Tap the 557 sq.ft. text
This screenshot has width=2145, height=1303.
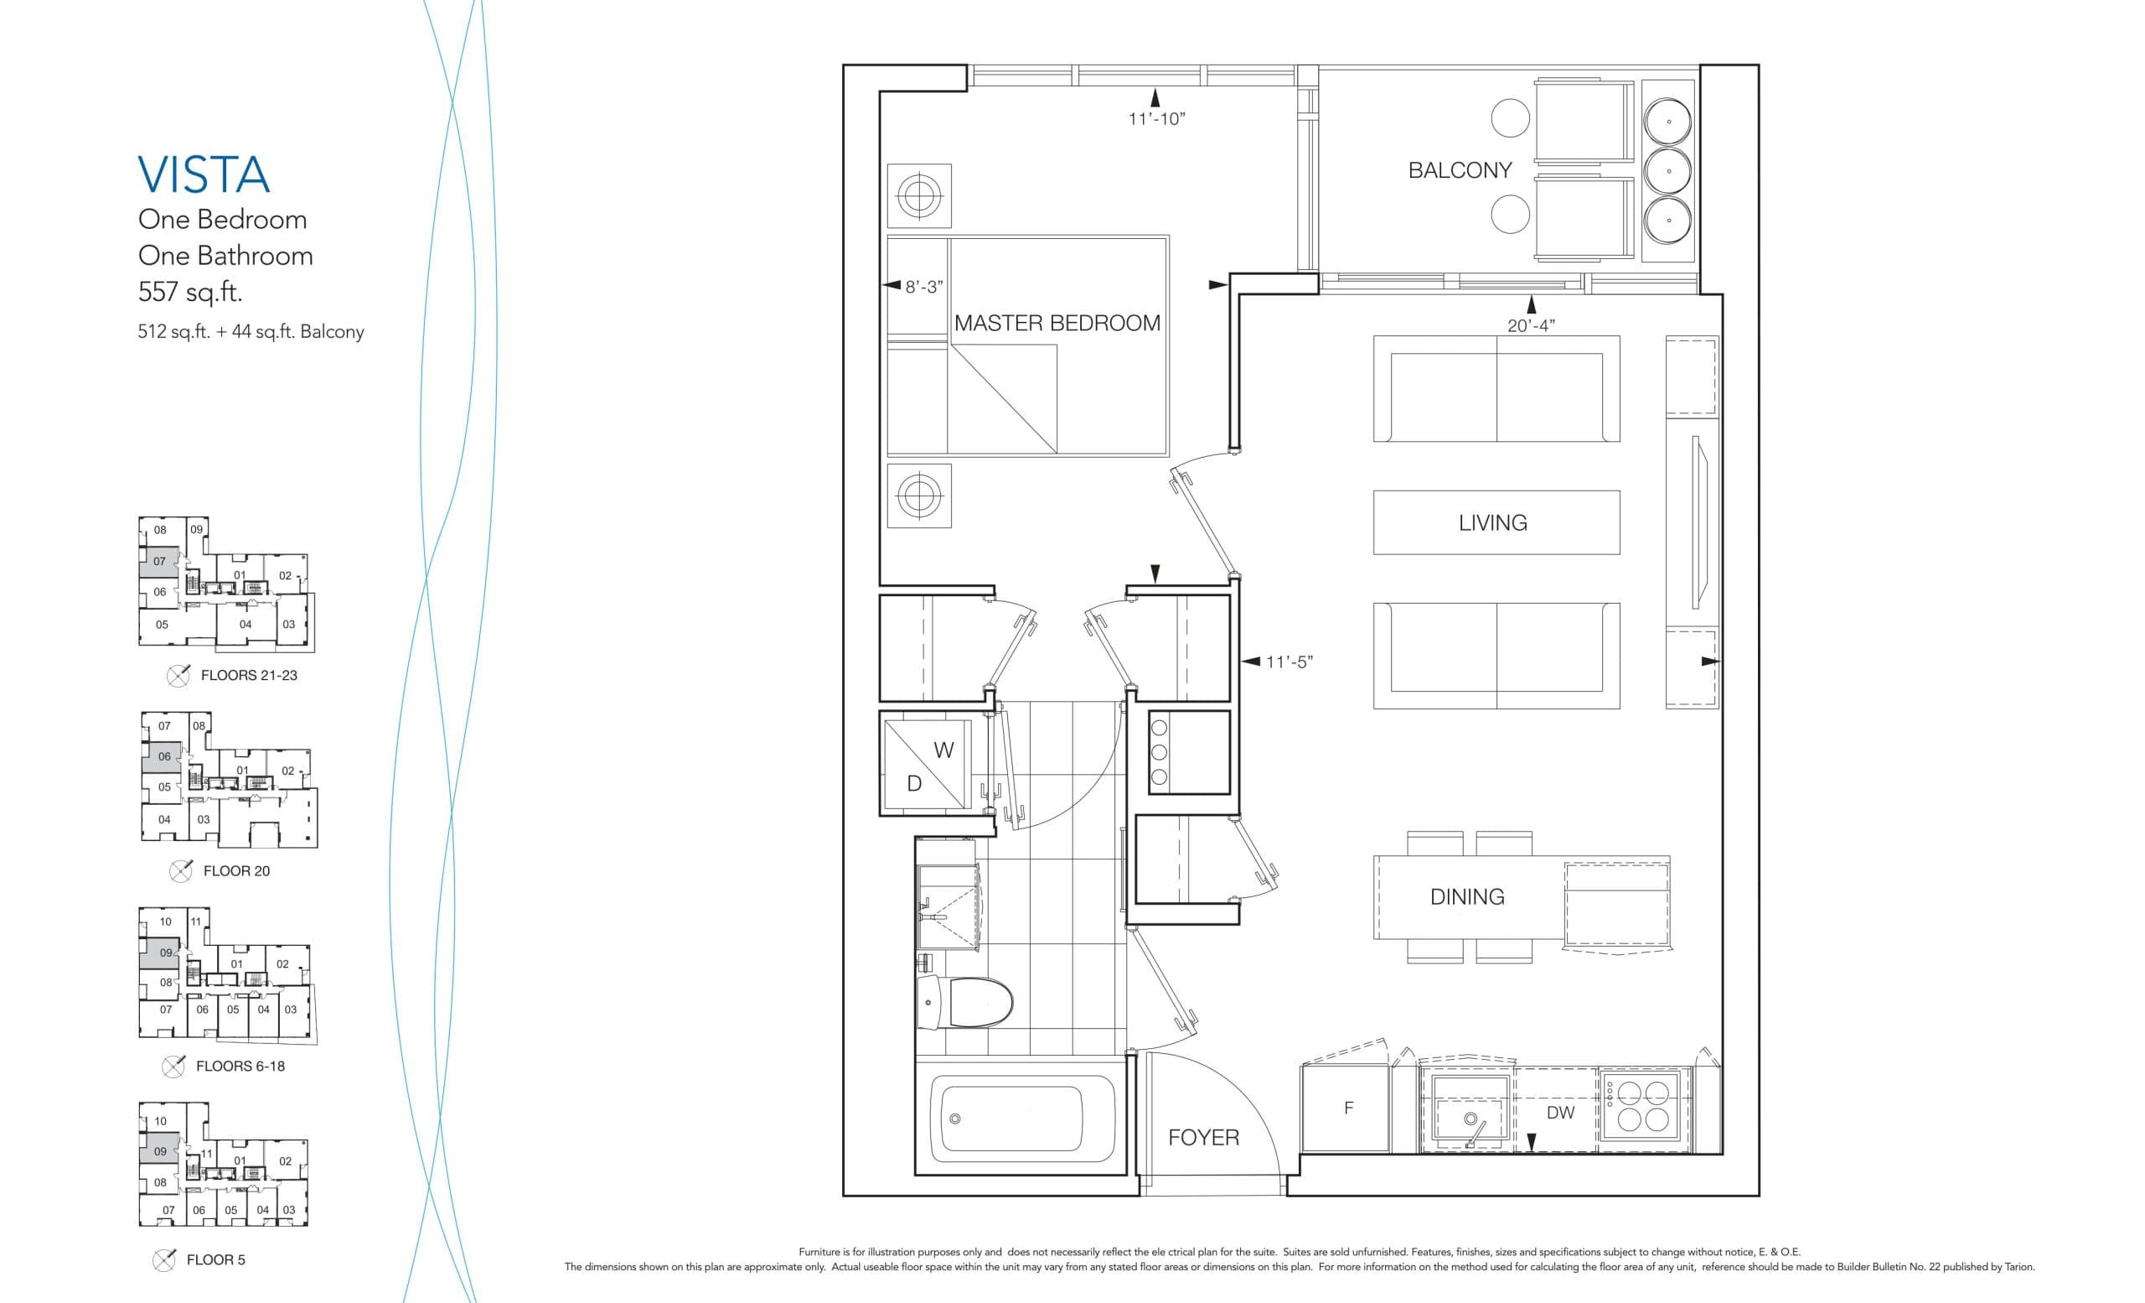[189, 291]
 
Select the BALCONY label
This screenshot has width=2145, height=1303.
[1460, 170]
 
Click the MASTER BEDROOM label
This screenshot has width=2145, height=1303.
[1057, 323]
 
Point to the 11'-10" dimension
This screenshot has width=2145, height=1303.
[1156, 119]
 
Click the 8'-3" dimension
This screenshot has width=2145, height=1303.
[923, 287]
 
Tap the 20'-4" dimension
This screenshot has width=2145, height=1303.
[1530, 325]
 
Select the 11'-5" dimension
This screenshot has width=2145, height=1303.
[1289, 662]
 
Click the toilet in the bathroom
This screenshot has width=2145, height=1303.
[970, 1002]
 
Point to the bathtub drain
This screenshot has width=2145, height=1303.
[955, 1119]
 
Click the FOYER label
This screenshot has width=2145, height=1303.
[1203, 1137]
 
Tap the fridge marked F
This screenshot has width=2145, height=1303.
[1347, 1108]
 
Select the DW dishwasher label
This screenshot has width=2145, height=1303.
[1560, 1113]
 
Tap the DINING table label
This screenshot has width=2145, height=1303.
[1467, 896]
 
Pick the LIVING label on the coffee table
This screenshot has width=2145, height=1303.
[1492, 522]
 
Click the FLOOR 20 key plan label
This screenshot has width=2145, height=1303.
[236, 871]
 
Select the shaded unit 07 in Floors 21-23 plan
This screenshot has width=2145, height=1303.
[159, 562]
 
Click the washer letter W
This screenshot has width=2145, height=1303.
[943, 750]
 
